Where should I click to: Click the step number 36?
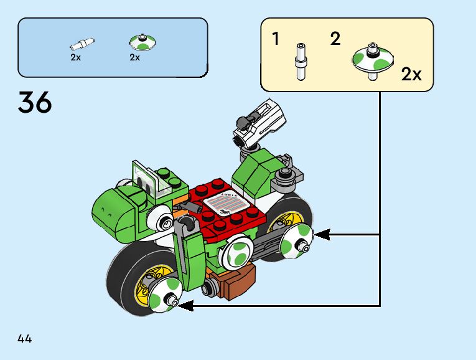coord(35,102)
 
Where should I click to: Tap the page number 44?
coord(25,339)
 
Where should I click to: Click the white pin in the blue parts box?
coord(82,44)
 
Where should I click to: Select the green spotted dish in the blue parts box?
coord(142,43)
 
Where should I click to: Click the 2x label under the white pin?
coord(76,57)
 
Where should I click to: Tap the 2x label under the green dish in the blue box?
coord(135,57)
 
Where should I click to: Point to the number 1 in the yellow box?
coord(276,39)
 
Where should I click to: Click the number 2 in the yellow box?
coord(335,39)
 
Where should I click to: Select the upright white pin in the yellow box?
coord(301,61)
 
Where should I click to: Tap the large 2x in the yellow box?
coord(411,75)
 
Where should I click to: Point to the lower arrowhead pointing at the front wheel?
coord(185,305)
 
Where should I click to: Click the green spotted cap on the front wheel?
coord(165,293)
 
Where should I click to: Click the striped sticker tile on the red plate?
coord(225,202)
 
